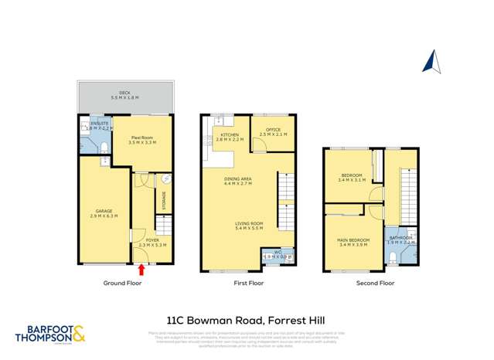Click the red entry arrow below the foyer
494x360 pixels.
pyautogui.click(x=141, y=270)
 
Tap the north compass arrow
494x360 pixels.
pyautogui.click(x=434, y=59)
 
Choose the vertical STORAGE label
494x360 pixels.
pyautogui.click(x=164, y=199)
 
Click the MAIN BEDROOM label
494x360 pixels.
pyautogui.click(x=353, y=240)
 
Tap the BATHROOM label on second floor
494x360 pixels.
pyautogui.click(x=400, y=239)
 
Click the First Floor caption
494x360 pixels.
pyautogui.click(x=249, y=284)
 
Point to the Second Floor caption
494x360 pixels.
pyautogui.click(x=375, y=284)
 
